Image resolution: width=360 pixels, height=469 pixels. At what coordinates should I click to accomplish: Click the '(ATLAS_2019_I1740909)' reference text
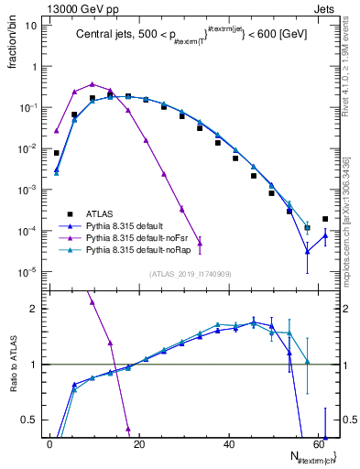pos(190,274)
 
